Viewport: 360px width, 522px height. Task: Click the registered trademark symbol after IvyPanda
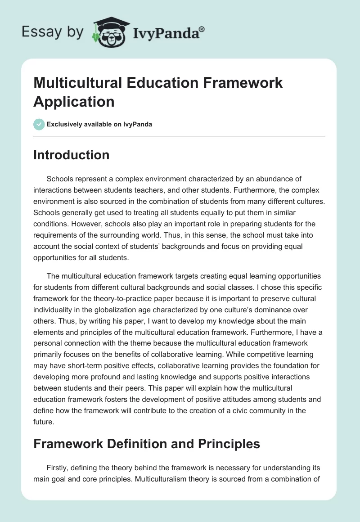pos(202,29)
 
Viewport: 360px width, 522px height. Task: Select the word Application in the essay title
pos(74,101)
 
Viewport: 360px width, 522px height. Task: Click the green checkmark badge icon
pos(39,124)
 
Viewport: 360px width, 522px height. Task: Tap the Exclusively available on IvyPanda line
pos(99,124)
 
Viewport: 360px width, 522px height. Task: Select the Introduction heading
pos(71,155)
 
